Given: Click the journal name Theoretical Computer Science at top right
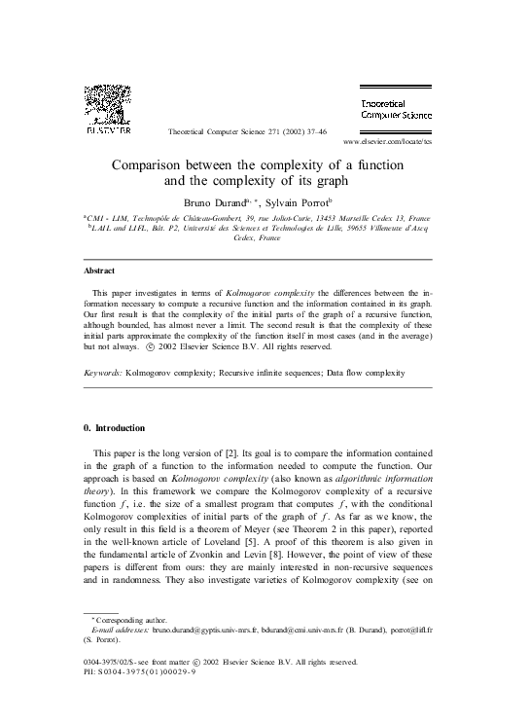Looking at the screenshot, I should click(x=403, y=108).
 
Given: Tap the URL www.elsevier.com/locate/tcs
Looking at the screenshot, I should click(x=404, y=141).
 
